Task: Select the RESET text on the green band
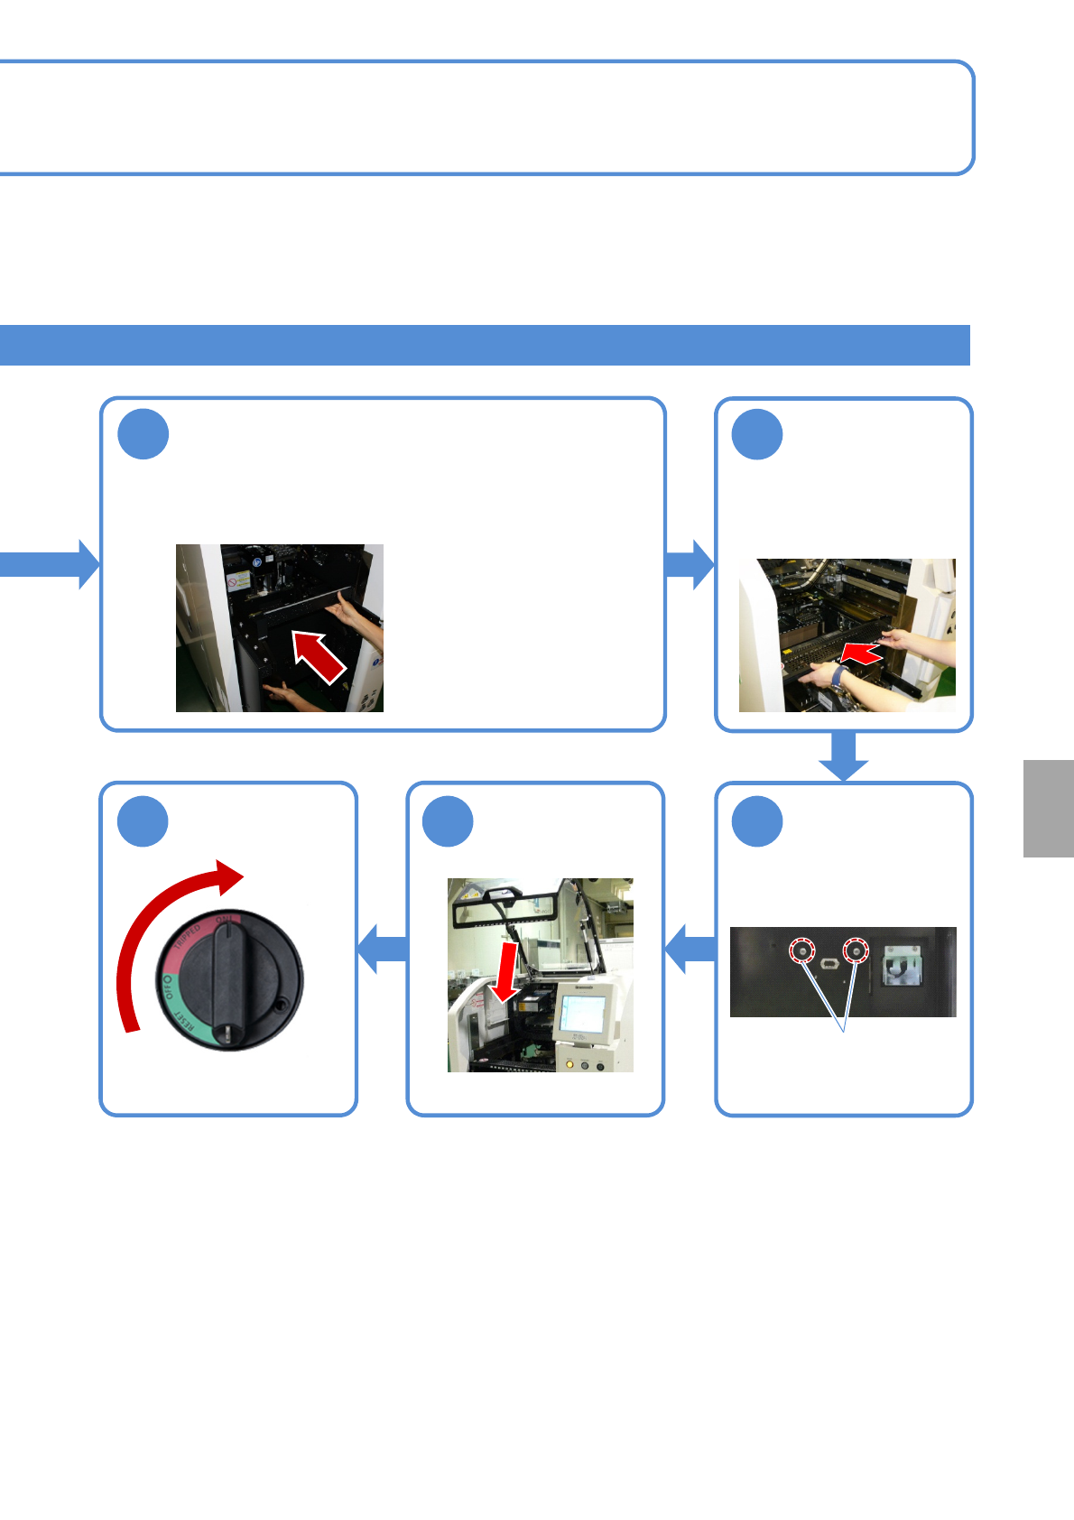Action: pos(184,1023)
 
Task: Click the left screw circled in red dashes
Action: pos(802,951)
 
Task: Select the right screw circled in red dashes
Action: pos(855,950)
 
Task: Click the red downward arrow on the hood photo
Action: pos(505,973)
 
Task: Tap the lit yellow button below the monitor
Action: pos(569,1064)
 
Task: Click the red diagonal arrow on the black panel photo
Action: pos(319,656)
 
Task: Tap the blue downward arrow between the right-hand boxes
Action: pos(843,756)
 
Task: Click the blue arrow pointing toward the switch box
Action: pos(383,949)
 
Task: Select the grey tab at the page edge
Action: pos(1049,808)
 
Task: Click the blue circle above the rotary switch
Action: pos(144,821)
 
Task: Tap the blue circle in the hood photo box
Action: pos(449,821)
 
